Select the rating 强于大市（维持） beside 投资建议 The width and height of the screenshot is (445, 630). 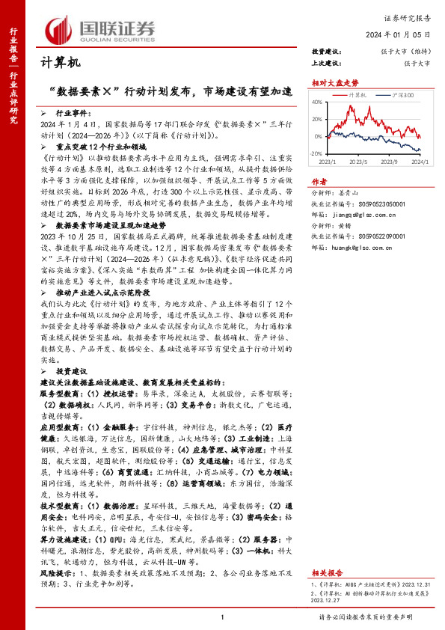[x=404, y=52]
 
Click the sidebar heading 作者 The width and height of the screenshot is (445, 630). [x=319, y=181]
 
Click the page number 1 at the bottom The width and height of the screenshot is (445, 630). [x=222, y=616]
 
